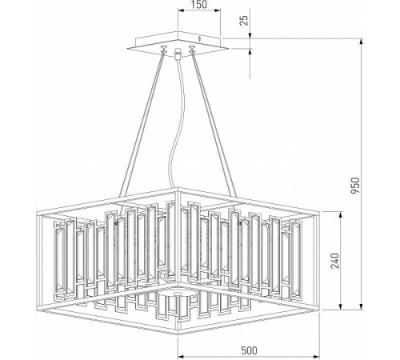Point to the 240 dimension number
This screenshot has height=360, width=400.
point(336,262)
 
